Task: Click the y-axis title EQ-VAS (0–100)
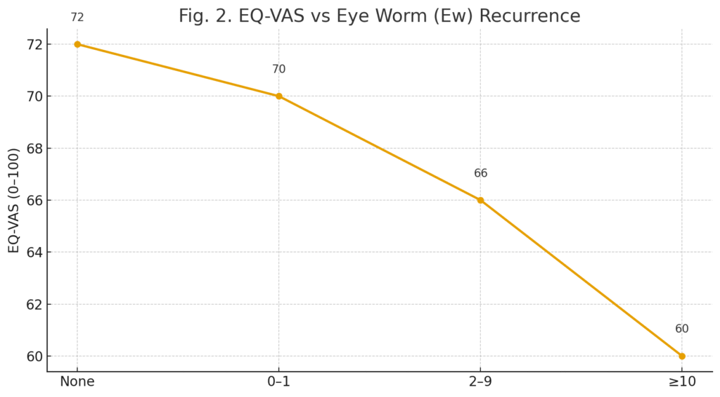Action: coord(14,201)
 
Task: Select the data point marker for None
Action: coord(77,44)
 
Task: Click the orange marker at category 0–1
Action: coord(278,96)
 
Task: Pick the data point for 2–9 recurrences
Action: coord(480,200)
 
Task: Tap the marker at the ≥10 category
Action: coord(681,356)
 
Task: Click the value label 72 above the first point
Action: coord(77,18)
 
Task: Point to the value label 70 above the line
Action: coord(278,70)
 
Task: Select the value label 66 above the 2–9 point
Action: coord(480,174)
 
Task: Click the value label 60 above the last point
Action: coord(681,329)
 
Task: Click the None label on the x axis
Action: coord(77,382)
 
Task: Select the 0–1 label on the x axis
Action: coord(278,382)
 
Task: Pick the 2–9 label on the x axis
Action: coord(480,382)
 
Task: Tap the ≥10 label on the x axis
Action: coord(681,382)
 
